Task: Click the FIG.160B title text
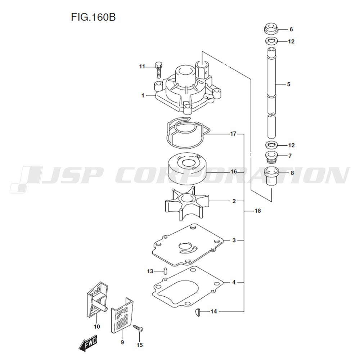(x=93, y=17)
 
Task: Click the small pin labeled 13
(x=165, y=271)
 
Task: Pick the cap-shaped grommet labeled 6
(x=271, y=28)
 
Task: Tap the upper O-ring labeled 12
(x=271, y=41)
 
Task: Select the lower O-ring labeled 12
(x=271, y=145)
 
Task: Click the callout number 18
(x=258, y=211)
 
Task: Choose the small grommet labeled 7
(x=271, y=157)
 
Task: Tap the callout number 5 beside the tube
(x=289, y=84)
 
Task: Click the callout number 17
(x=233, y=134)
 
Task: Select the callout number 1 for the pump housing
(x=143, y=95)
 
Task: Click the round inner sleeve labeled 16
(x=186, y=168)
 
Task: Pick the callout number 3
(x=234, y=240)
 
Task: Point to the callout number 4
(x=234, y=282)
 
